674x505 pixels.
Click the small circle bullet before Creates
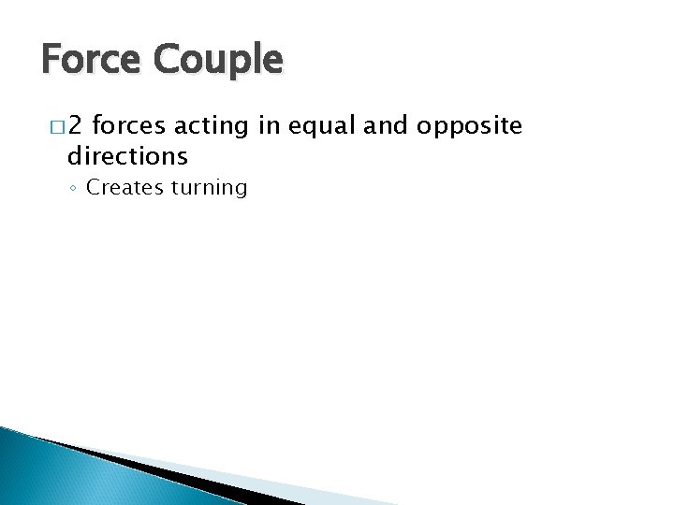tap(74, 189)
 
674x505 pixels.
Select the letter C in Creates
tap(93, 188)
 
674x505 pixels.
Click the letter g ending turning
tap(240, 191)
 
